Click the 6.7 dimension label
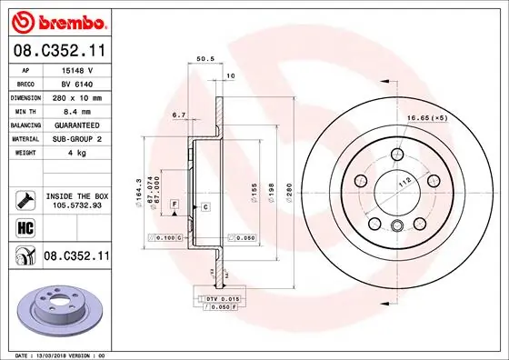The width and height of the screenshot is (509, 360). coord(178,115)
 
